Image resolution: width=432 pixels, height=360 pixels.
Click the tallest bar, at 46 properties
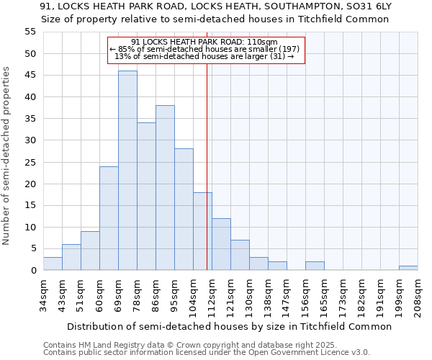coord(127,171)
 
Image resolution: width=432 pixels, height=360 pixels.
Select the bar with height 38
coord(165,188)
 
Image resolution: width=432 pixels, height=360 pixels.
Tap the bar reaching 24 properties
coord(109,218)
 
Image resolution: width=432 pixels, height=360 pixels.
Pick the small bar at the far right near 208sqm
coord(408,268)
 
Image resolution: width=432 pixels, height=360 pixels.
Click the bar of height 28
coord(184,210)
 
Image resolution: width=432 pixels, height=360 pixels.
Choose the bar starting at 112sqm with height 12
coord(221,244)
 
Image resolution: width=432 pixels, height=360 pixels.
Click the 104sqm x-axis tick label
coord(194,296)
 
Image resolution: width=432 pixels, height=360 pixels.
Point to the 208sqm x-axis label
coord(418,296)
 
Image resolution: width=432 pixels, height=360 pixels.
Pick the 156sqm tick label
coord(306,296)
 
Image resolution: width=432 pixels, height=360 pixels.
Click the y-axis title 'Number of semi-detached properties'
coord(7,155)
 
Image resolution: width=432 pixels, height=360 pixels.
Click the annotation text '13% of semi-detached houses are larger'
coord(206,56)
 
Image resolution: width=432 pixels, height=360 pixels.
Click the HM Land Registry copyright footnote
coord(176,345)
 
